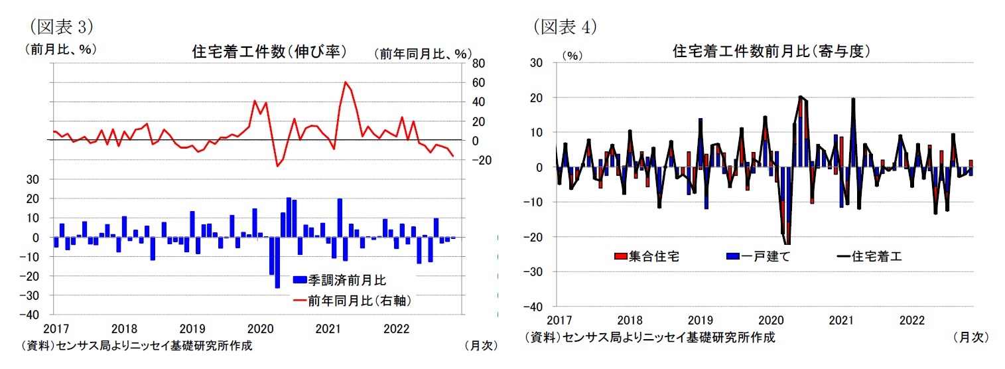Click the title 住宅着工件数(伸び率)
(x=269, y=52)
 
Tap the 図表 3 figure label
(x=60, y=26)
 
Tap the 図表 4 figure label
(x=565, y=26)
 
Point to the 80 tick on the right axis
(x=478, y=64)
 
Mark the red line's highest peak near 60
(x=346, y=82)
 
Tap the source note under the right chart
(x=649, y=337)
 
